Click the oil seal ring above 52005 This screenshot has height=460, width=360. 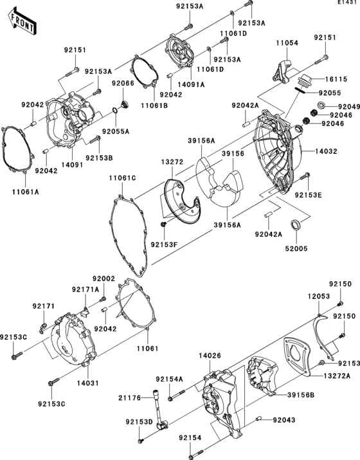point(296,225)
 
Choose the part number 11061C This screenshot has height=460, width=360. point(122,178)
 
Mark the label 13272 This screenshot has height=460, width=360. point(172,163)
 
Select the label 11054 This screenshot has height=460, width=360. point(287,42)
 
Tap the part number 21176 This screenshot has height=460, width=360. point(129,399)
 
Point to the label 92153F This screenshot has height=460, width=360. point(165,244)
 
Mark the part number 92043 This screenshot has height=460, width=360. point(283,420)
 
